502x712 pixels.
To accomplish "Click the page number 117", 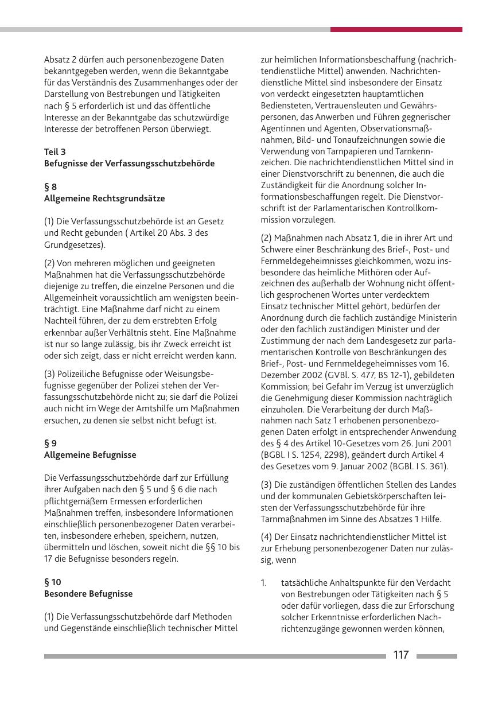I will pyautogui.click(x=401, y=655).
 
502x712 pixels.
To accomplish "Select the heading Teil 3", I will pyautogui.click(x=55, y=151).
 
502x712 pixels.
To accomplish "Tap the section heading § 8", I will pyautogui.click(x=50, y=186).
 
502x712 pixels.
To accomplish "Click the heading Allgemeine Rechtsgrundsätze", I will pyautogui.click(x=104, y=199).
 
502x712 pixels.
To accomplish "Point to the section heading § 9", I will pyautogui.click(x=50, y=443).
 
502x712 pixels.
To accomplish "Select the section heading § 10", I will pyautogui.click(x=53, y=582).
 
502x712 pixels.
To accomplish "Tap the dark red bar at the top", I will pyautogui.click(x=396, y=29).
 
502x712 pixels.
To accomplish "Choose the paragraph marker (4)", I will pyautogui.click(x=267, y=537).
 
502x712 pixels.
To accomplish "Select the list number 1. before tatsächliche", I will pyautogui.click(x=264, y=582).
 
